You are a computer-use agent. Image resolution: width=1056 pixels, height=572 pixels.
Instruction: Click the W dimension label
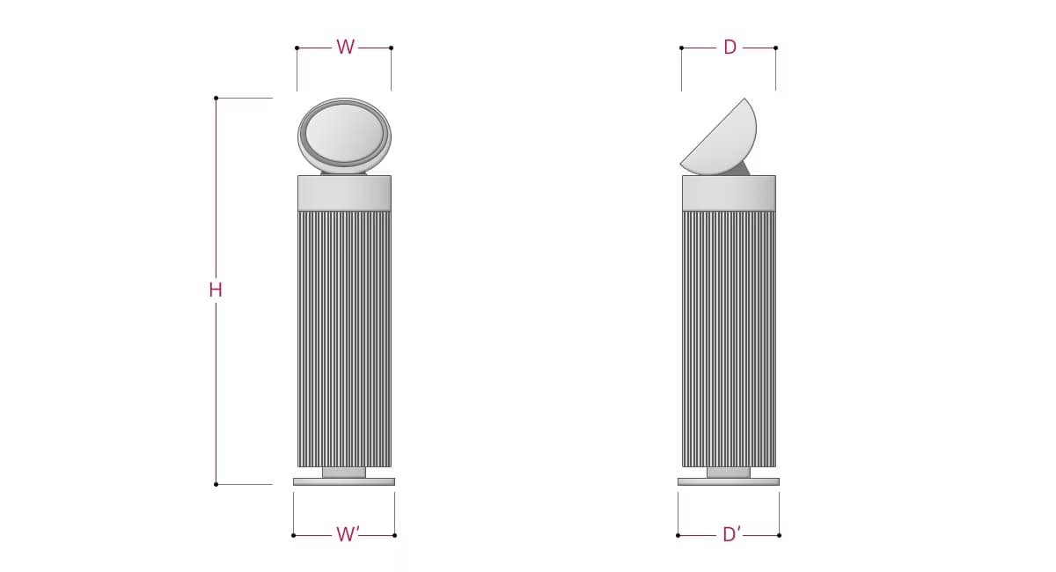coord(345,48)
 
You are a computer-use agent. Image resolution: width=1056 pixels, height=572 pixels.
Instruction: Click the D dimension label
coord(730,48)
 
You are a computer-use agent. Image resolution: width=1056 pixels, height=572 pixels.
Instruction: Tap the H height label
coord(216,290)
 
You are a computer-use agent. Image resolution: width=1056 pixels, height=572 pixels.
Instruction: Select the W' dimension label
coord(348,534)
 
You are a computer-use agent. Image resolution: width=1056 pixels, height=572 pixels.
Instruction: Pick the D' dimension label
coord(731,534)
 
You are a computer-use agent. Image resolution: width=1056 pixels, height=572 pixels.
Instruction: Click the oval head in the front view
coord(345,136)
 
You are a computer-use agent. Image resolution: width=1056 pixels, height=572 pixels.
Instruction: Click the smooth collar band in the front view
coord(345,193)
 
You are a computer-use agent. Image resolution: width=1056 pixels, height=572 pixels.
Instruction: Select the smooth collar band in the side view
coord(729,193)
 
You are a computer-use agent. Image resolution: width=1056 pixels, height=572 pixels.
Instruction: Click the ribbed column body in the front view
coord(345,339)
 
